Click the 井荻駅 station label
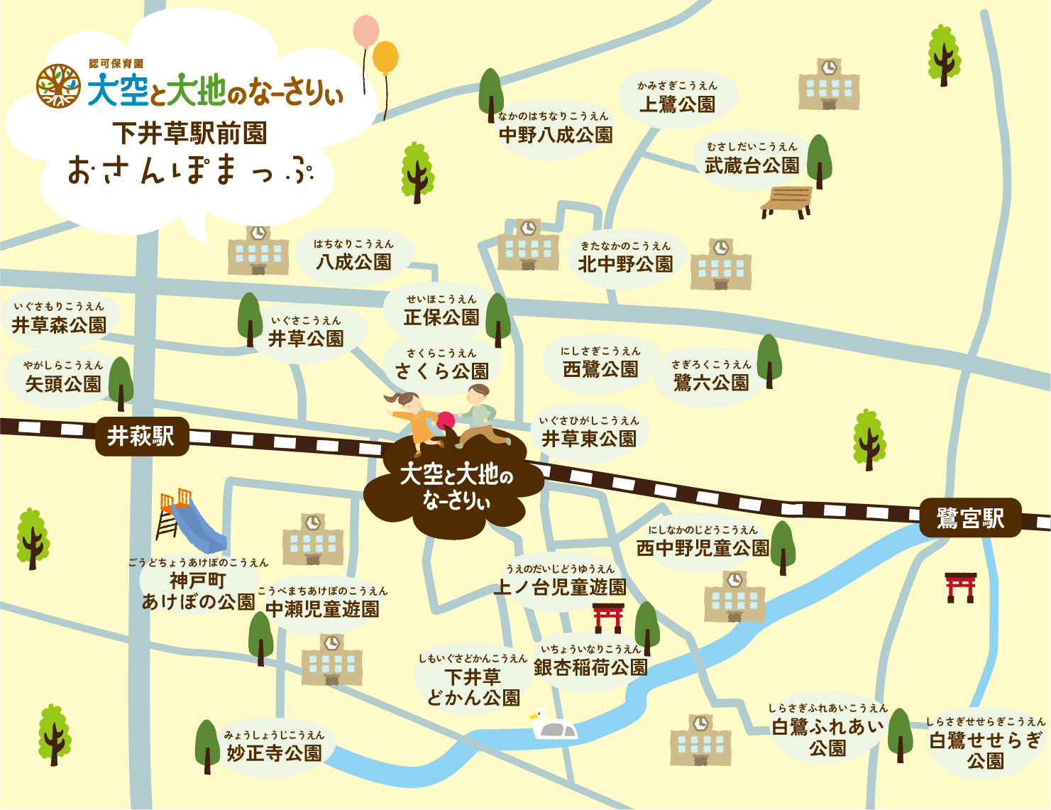coord(141,436)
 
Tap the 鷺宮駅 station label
coord(970,518)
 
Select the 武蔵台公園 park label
coord(752,165)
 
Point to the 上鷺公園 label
coord(677,104)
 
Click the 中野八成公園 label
coord(556,134)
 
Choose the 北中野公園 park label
coord(625,264)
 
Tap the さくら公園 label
coord(442,370)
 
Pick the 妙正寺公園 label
coord(274,752)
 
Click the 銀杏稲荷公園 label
coord(590,667)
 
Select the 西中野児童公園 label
coord(703,548)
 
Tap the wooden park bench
coord(786,201)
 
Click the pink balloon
coord(366,32)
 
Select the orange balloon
coord(385,57)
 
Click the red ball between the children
coord(446,420)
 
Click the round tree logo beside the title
coord(58,86)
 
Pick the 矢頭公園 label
coord(63,384)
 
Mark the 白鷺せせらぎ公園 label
coord(986,750)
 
